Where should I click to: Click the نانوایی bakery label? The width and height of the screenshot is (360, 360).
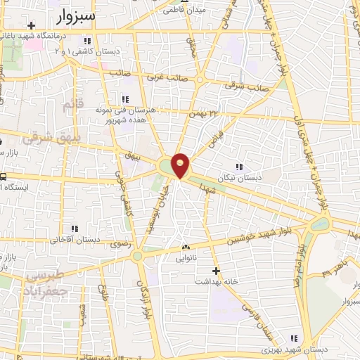(x=187, y=258)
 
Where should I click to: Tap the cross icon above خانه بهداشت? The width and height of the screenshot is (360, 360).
(x=216, y=270)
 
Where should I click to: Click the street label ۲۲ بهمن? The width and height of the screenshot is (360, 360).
(x=204, y=112)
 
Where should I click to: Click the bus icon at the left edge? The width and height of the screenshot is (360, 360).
(x=3, y=177)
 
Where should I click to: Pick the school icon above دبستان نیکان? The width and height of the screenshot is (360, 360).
(x=240, y=167)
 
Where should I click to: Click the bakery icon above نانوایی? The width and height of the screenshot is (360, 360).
(x=187, y=247)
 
